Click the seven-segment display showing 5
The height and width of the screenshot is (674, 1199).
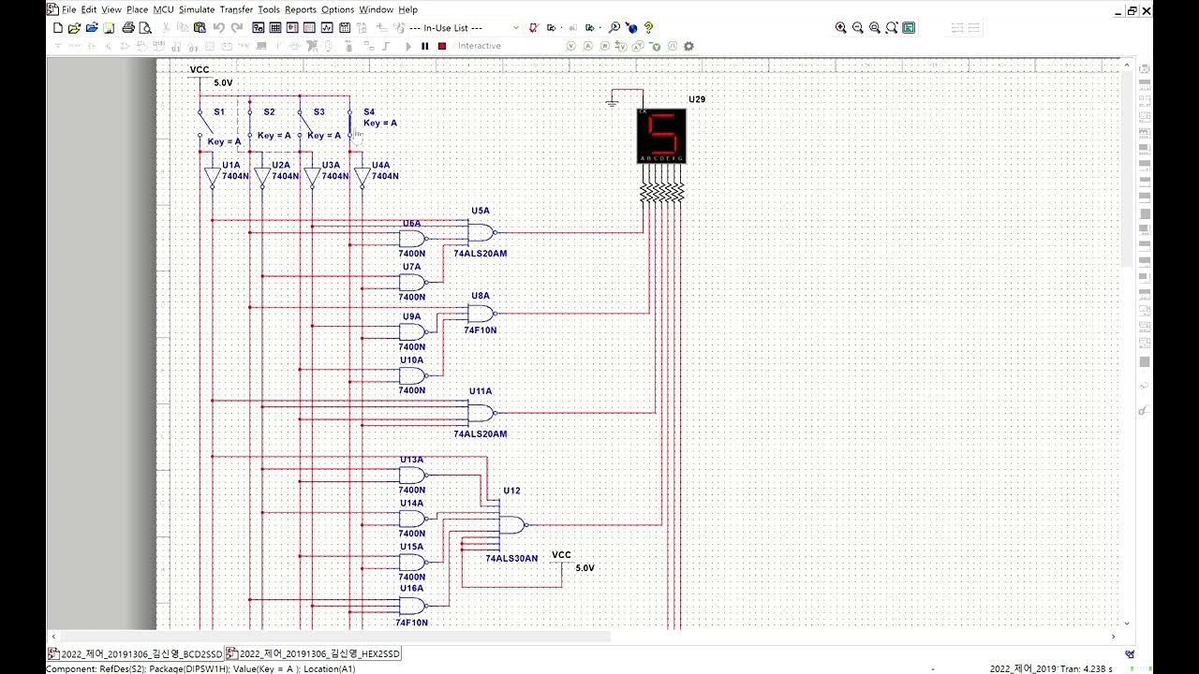coord(661,135)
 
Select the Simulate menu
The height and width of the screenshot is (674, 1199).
coord(197,9)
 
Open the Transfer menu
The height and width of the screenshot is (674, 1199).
coord(236,9)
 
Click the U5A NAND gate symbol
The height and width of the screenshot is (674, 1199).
coord(481,233)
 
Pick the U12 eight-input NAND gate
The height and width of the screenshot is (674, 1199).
coord(511,525)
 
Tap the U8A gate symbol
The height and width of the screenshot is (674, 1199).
coord(481,314)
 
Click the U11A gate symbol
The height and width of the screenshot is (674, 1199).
coord(481,413)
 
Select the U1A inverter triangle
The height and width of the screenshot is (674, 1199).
coord(213,177)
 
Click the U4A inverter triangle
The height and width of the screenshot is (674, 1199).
coord(363,177)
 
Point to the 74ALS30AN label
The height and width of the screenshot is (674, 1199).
coord(511,559)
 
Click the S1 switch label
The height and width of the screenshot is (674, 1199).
coord(219,111)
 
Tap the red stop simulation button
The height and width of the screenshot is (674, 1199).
coord(442,46)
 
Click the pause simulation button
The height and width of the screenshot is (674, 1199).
coord(424,46)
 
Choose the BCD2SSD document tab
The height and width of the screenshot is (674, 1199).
coord(136,653)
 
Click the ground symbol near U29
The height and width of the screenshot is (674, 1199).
coord(613,101)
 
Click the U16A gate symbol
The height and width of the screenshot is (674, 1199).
coord(410,606)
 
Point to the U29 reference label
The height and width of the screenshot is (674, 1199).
coord(697,99)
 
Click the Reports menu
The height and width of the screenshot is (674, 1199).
coord(301,9)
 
